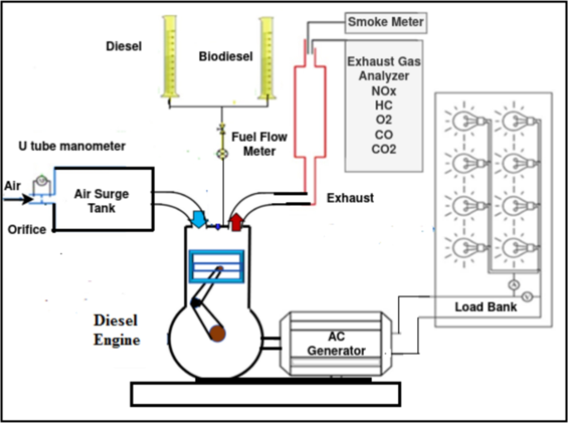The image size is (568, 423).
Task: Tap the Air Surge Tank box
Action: coord(103,199)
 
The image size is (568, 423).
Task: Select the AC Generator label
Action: coord(336,343)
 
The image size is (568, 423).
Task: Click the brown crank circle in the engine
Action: coord(217,333)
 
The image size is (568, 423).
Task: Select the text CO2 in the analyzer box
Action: coord(384,149)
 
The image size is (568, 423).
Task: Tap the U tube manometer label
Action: coord(71,147)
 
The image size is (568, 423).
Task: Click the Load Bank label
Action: coord(486,307)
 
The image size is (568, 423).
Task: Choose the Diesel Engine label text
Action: coord(116,330)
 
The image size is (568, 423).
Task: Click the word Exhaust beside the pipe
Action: coord(350,198)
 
